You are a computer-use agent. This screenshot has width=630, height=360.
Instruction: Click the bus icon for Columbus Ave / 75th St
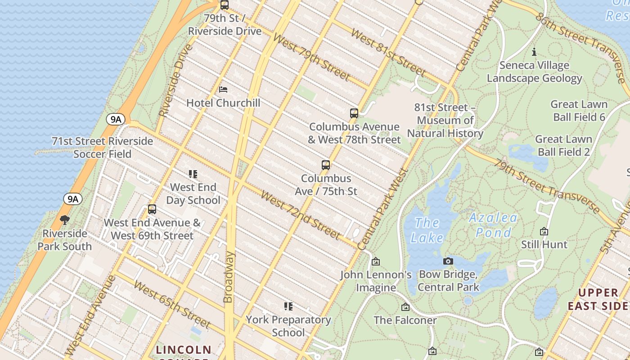326,165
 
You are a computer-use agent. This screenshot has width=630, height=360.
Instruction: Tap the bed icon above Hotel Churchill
223,90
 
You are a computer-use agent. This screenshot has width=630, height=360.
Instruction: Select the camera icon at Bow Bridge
448,261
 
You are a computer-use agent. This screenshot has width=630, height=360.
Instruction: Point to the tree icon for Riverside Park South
65,220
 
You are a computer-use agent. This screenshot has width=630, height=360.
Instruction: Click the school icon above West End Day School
193,174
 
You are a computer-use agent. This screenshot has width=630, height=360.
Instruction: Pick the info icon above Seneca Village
534,52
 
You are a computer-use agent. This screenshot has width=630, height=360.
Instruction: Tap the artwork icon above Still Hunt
544,231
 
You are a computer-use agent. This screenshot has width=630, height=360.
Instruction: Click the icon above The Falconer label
405,307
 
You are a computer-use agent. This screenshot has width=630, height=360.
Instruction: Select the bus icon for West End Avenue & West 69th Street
152,209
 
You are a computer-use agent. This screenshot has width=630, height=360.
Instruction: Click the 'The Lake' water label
427,230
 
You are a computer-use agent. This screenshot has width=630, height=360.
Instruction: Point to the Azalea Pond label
493,225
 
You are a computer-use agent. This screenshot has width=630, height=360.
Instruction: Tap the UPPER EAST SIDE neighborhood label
598,299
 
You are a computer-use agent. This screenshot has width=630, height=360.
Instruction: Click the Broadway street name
229,277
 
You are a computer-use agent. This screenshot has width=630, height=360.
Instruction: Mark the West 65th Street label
172,305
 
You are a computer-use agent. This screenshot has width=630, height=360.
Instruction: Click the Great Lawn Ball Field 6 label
579,111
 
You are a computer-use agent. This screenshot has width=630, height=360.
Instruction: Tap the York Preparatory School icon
288,306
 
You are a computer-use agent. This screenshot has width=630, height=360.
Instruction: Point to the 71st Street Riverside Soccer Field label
103,148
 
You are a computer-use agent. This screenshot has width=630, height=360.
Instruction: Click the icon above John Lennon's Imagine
376,261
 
